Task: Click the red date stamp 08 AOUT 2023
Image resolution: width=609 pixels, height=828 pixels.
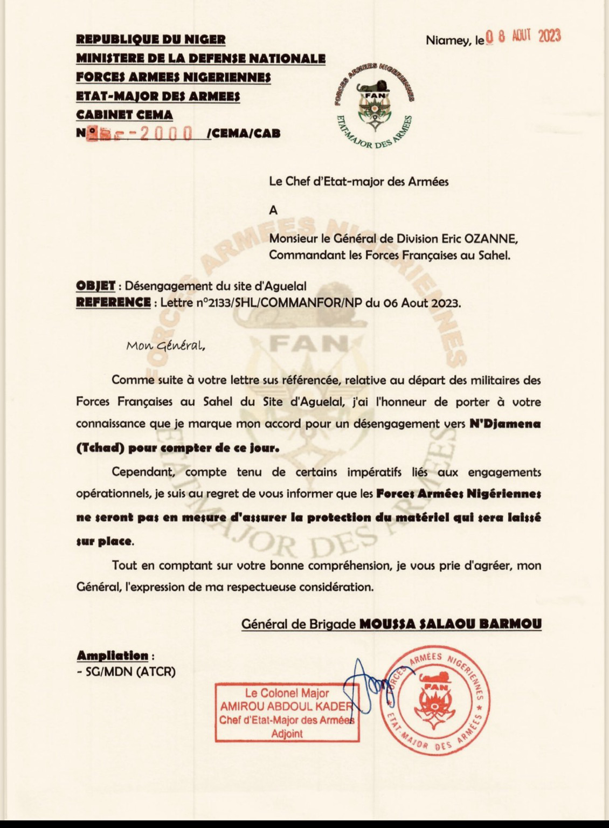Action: (x=523, y=37)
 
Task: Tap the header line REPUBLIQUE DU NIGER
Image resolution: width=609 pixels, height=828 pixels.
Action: (x=151, y=39)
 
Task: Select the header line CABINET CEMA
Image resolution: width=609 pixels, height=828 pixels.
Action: (x=124, y=114)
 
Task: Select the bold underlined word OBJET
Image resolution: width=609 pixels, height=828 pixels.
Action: (x=95, y=286)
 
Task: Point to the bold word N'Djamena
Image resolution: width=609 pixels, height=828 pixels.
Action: (x=504, y=424)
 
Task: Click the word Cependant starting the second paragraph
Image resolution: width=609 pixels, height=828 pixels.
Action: (x=144, y=472)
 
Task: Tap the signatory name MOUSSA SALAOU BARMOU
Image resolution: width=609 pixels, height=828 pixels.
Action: (x=450, y=624)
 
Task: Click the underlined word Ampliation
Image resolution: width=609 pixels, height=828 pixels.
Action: (x=112, y=656)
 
